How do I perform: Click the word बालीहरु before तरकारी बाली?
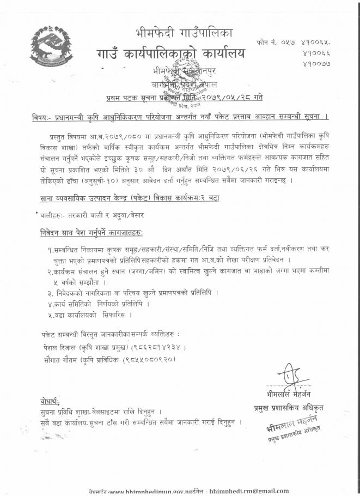pos(47,215)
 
